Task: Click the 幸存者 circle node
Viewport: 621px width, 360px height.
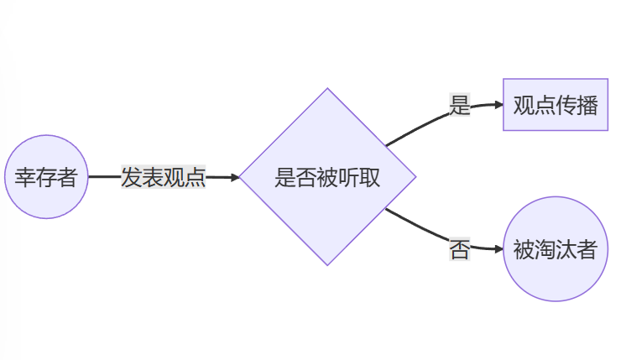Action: pos(46,177)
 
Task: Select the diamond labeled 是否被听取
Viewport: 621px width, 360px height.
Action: pos(327,177)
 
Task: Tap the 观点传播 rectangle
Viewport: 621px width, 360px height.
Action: pos(555,105)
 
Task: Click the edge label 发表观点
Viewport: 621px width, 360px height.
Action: pos(163,177)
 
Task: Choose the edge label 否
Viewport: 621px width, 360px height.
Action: pos(459,248)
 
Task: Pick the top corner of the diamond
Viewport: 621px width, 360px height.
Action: pos(327,90)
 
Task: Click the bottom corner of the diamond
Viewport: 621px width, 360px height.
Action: pos(327,264)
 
